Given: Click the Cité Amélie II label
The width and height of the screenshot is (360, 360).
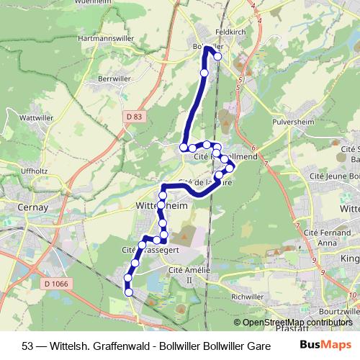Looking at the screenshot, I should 181,274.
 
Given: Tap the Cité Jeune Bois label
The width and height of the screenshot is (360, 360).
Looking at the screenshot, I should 333,176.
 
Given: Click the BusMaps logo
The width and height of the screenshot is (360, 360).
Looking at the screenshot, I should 322,344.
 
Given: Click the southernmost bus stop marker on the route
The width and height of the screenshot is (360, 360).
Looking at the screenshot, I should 130,292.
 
